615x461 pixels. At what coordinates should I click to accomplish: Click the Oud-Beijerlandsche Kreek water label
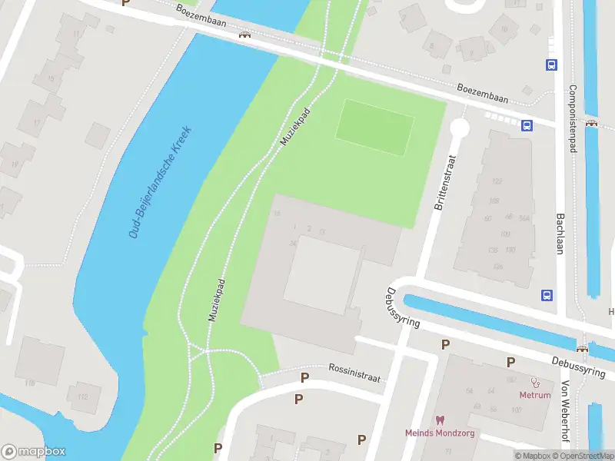point(159,181)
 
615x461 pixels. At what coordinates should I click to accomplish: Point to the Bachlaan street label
point(561,236)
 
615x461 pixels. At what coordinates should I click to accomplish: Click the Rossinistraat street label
point(354,368)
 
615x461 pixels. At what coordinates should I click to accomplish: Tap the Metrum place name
point(535,396)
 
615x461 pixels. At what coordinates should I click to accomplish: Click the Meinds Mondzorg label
point(440,433)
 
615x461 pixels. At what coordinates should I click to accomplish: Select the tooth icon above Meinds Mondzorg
point(440,420)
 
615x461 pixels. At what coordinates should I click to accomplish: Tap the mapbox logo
point(34,451)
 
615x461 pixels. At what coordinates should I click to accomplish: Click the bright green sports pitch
point(375,127)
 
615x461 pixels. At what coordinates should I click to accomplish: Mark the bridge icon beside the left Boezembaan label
point(245,35)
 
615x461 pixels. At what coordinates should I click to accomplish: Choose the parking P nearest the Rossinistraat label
point(304,377)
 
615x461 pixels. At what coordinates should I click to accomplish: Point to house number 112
point(83,397)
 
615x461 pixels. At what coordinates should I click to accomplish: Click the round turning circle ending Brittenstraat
point(460,128)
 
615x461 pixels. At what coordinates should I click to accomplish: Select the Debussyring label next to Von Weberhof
point(578,365)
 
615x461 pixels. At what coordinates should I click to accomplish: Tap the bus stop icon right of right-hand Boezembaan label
point(527,125)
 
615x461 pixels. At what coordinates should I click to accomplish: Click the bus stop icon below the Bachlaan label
point(547,295)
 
